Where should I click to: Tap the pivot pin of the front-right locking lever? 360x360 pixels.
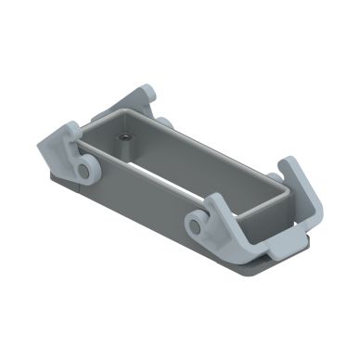click(196, 222)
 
